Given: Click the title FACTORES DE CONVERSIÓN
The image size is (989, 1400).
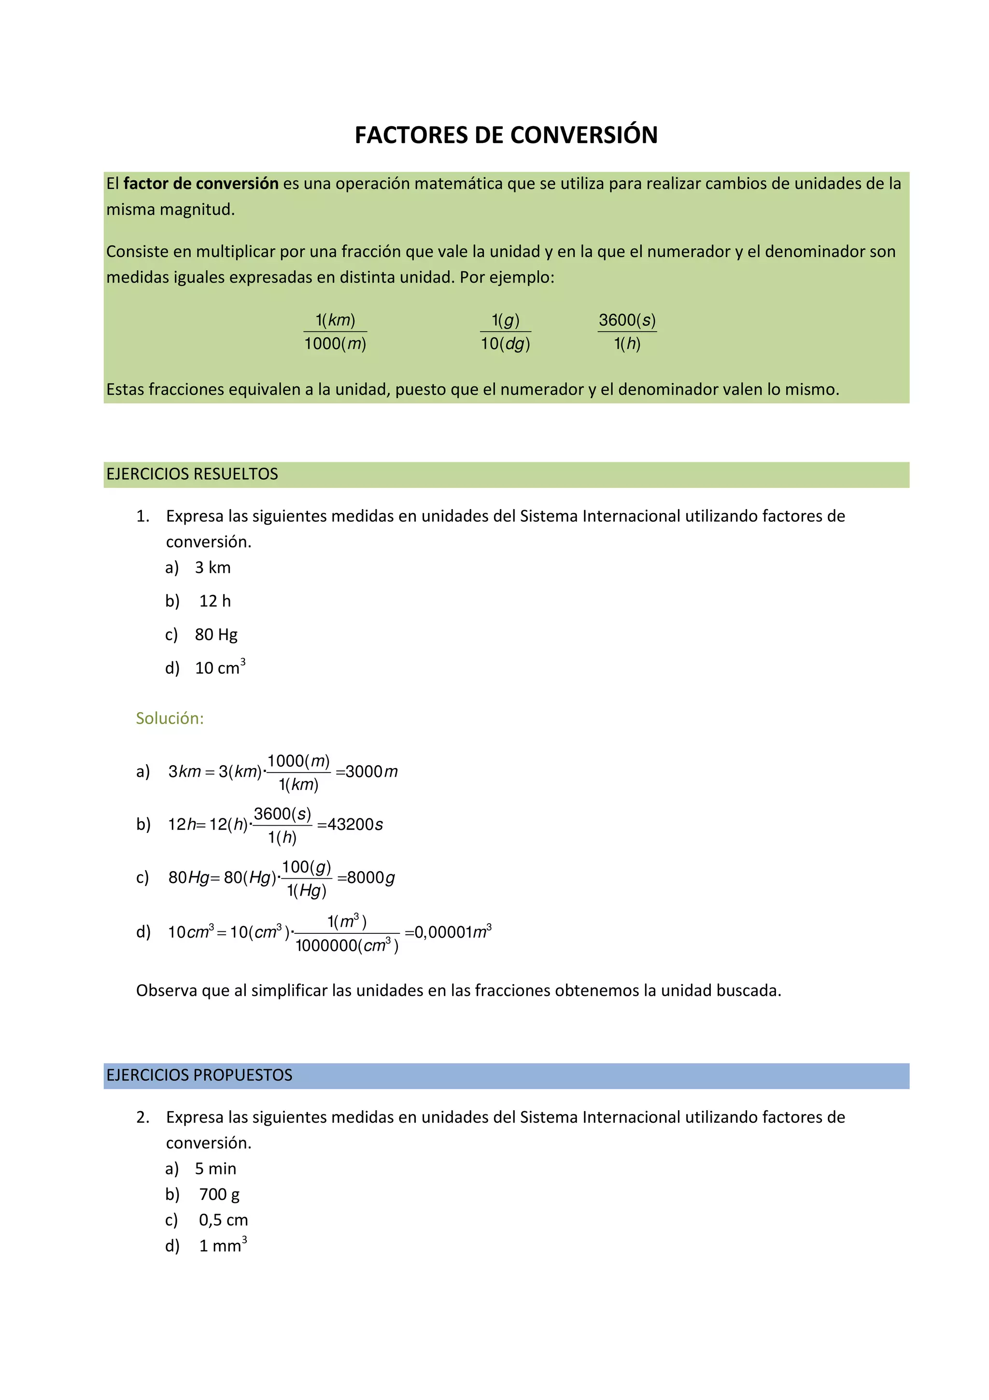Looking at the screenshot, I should click(x=506, y=135).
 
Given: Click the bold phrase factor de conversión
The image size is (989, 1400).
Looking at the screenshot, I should click(x=200, y=184).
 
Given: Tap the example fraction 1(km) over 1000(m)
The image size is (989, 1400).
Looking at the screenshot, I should click(x=335, y=332).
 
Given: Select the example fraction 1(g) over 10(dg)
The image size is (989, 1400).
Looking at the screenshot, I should click(x=505, y=332).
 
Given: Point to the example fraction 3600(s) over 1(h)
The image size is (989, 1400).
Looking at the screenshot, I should click(x=627, y=332).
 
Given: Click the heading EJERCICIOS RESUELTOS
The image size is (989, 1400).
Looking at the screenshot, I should click(x=192, y=474).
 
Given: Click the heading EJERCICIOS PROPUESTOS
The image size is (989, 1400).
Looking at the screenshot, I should click(x=199, y=1075).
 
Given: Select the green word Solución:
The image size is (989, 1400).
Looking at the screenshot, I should click(x=170, y=718).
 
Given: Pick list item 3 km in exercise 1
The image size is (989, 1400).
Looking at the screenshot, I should click(x=212, y=568).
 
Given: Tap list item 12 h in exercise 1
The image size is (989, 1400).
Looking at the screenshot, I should click(x=214, y=601).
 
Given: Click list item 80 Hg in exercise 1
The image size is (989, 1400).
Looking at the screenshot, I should click(x=216, y=635).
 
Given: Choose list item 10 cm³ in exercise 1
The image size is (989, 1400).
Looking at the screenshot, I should click(x=219, y=668).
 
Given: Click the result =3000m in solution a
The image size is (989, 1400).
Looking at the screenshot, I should click(x=367, y=771).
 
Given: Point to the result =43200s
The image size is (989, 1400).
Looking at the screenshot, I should click(x=351, y=824).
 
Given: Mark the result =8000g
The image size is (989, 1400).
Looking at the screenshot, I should click(x=366, y=877).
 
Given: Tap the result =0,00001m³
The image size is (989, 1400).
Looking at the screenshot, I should click(x=448, y=932).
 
